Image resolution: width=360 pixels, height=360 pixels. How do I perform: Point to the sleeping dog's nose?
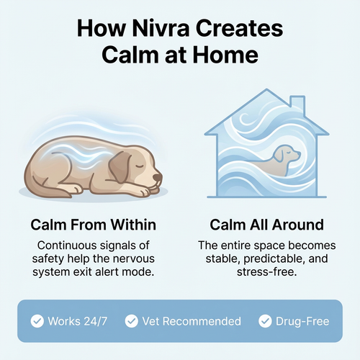click(160, 179)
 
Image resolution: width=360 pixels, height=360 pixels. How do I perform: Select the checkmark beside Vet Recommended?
click(131, 320)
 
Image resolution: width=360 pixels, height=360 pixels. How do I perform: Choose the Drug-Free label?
click(301, 320)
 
